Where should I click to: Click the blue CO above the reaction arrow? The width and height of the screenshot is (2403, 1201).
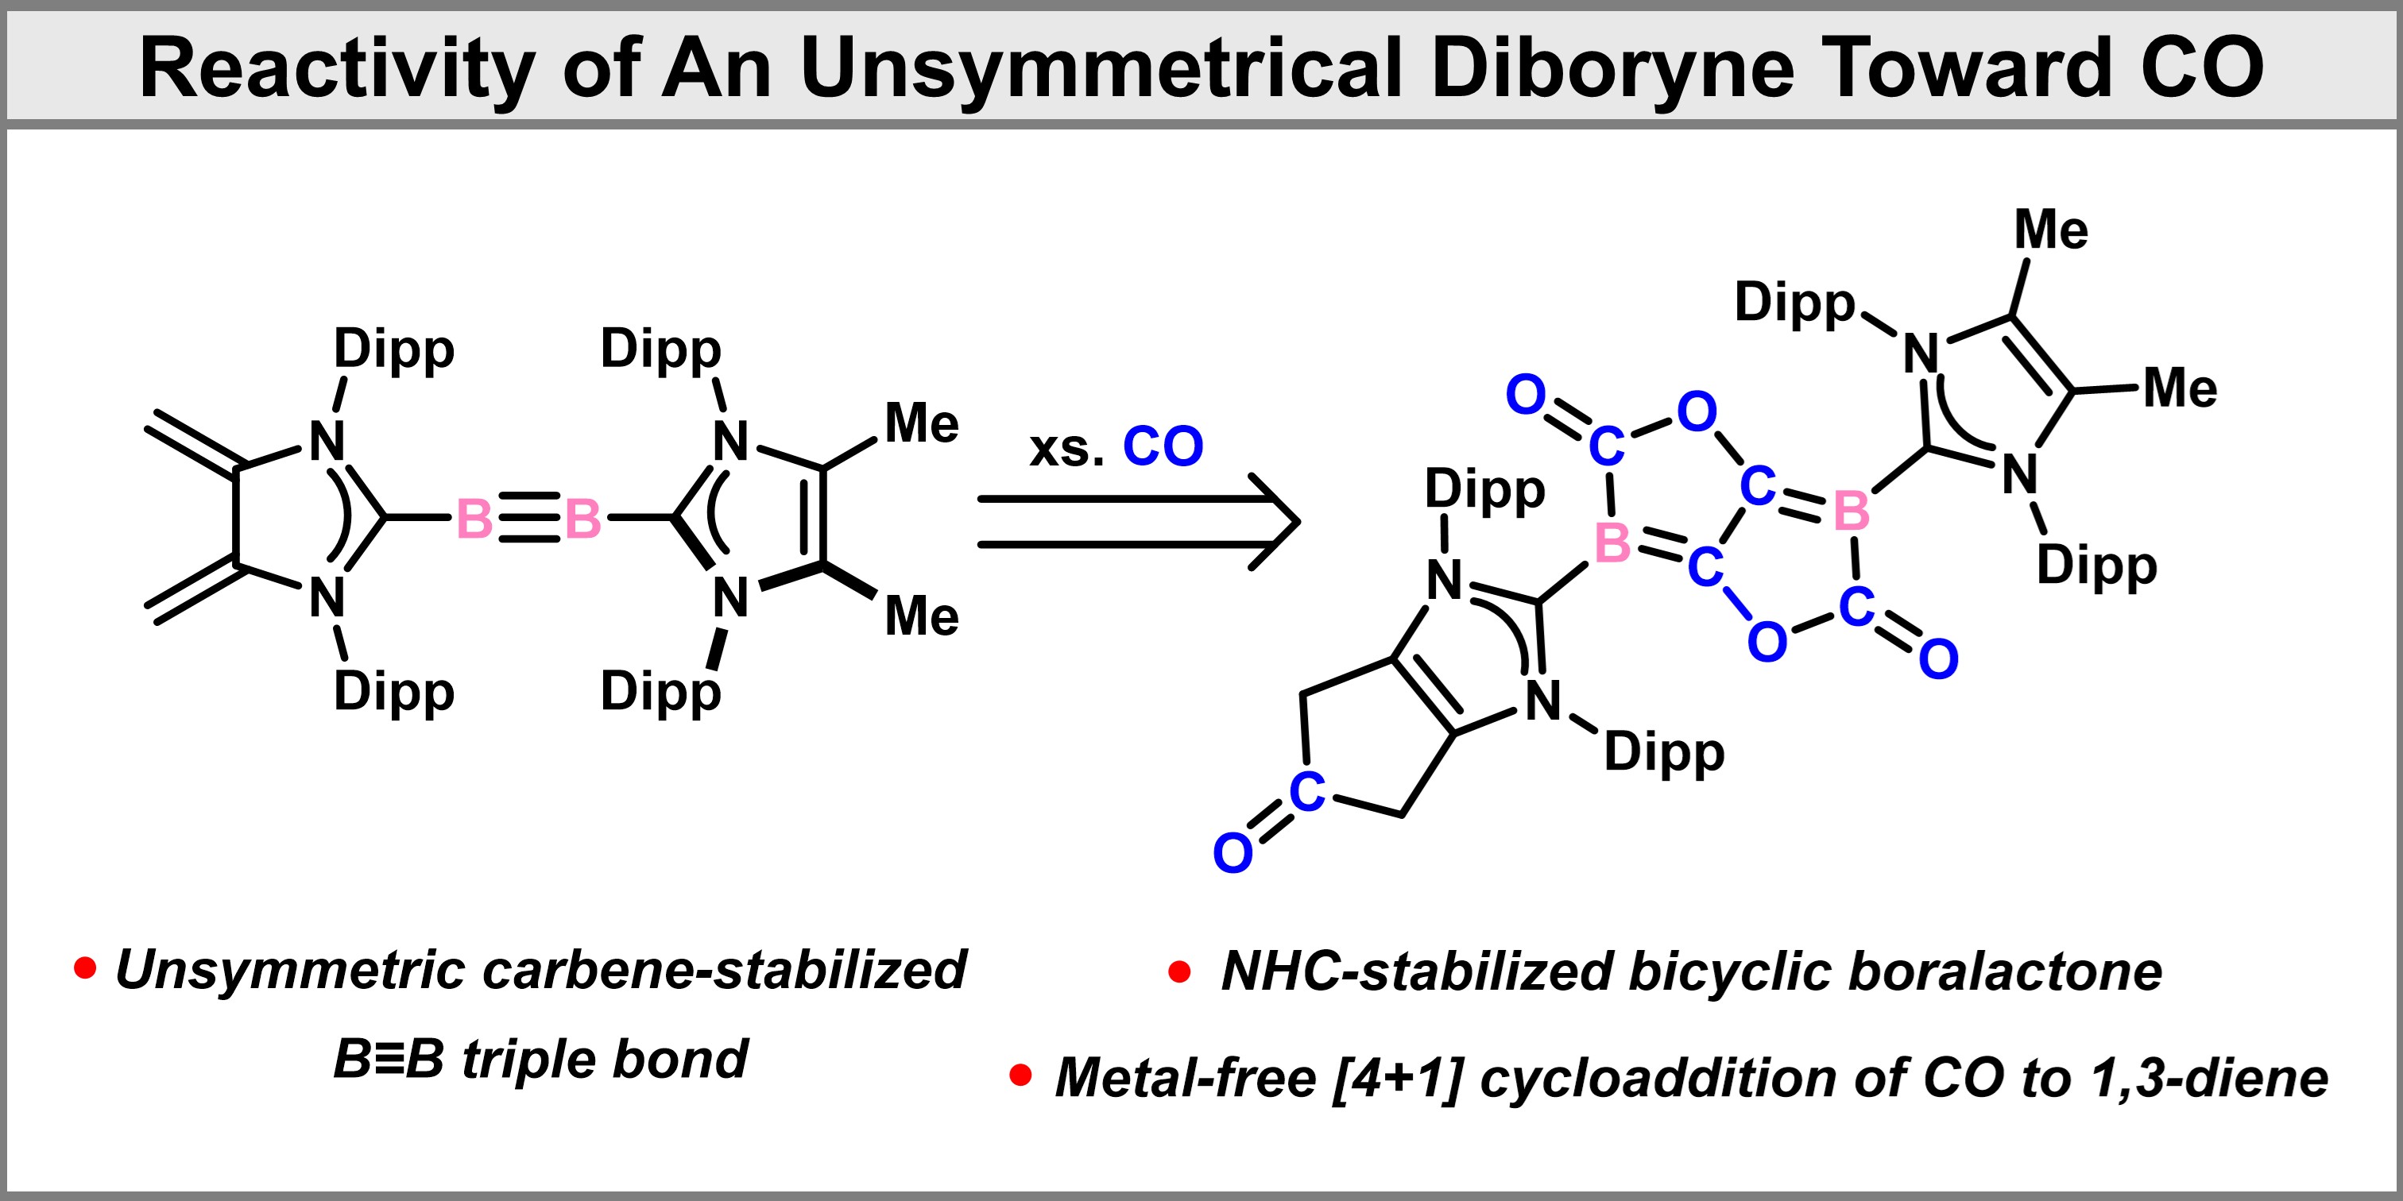(1163, 446)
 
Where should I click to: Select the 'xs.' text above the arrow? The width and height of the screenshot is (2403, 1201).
(1066, 450)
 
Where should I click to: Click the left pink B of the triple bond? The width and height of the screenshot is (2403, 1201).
(474, 519)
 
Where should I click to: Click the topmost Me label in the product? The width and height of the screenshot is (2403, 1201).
(2050, 230)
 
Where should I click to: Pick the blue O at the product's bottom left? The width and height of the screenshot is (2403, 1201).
(1232, 853)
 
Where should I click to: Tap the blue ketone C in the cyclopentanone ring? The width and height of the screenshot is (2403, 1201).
(1307, 792)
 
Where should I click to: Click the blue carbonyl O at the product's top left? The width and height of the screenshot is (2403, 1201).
(1527, 396)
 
